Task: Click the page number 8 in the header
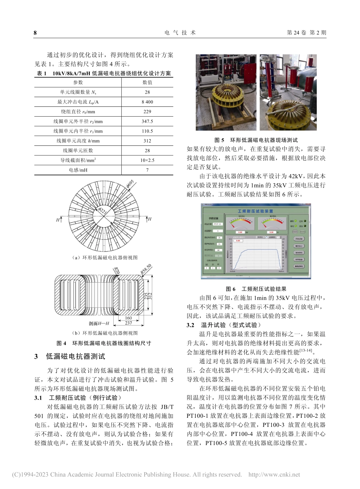point(35,33)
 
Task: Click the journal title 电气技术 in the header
point(180,33)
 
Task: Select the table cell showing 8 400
point(147,102)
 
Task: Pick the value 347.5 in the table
point(147,122)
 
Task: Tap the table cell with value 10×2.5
point(147,161)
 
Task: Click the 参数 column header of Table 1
point(78,82)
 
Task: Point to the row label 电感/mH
point(78,170)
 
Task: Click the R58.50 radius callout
point(146,270)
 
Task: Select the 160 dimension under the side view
point(128,318)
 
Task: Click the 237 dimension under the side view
point(128,323)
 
